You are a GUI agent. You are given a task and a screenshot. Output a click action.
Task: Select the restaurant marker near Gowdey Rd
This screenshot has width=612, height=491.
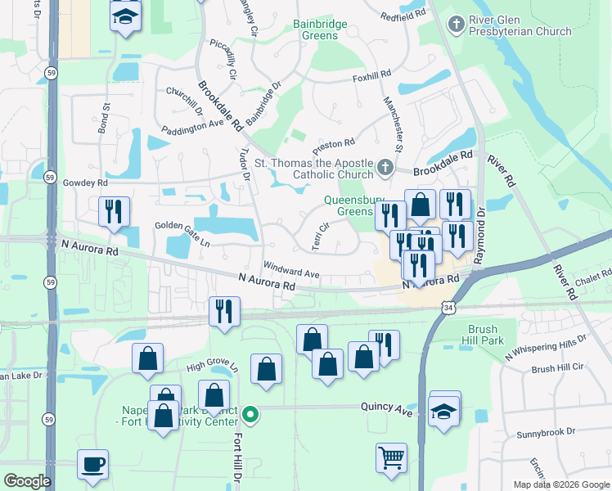click(x=113, y=210)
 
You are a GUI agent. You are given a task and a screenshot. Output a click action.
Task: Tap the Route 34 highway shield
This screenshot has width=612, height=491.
click(x=447, y=307)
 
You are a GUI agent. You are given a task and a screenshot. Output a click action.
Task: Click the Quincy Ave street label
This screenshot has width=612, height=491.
click(x=388, y=407)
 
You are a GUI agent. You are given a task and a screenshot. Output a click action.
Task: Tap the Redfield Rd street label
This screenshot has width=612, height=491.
click(x=404, y=15)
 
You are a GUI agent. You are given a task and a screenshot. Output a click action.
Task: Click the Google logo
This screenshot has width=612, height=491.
click(x=27, y=480)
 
